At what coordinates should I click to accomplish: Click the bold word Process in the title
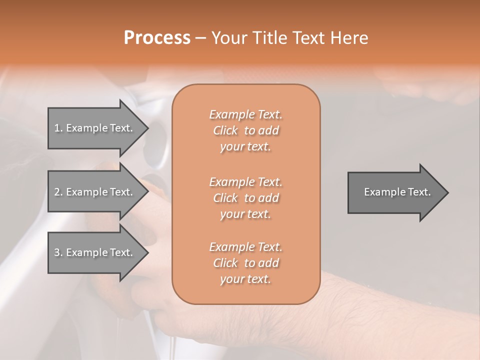tap(157, 38)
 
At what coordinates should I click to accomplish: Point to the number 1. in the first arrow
tap(58, 128)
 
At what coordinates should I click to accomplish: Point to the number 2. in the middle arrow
tap(58, 192)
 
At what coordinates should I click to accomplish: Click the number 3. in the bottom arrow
tap(58, 252)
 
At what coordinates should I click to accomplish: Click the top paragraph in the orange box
tap(245, 130)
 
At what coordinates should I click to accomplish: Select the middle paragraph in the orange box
tap(245, 198)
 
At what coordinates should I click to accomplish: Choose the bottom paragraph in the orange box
tap(245, 263)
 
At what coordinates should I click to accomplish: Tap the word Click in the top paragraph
tap(225, 130)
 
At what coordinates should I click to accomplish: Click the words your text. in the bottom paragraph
tap(245, 279)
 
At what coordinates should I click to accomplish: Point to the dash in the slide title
tap(200, 38)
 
